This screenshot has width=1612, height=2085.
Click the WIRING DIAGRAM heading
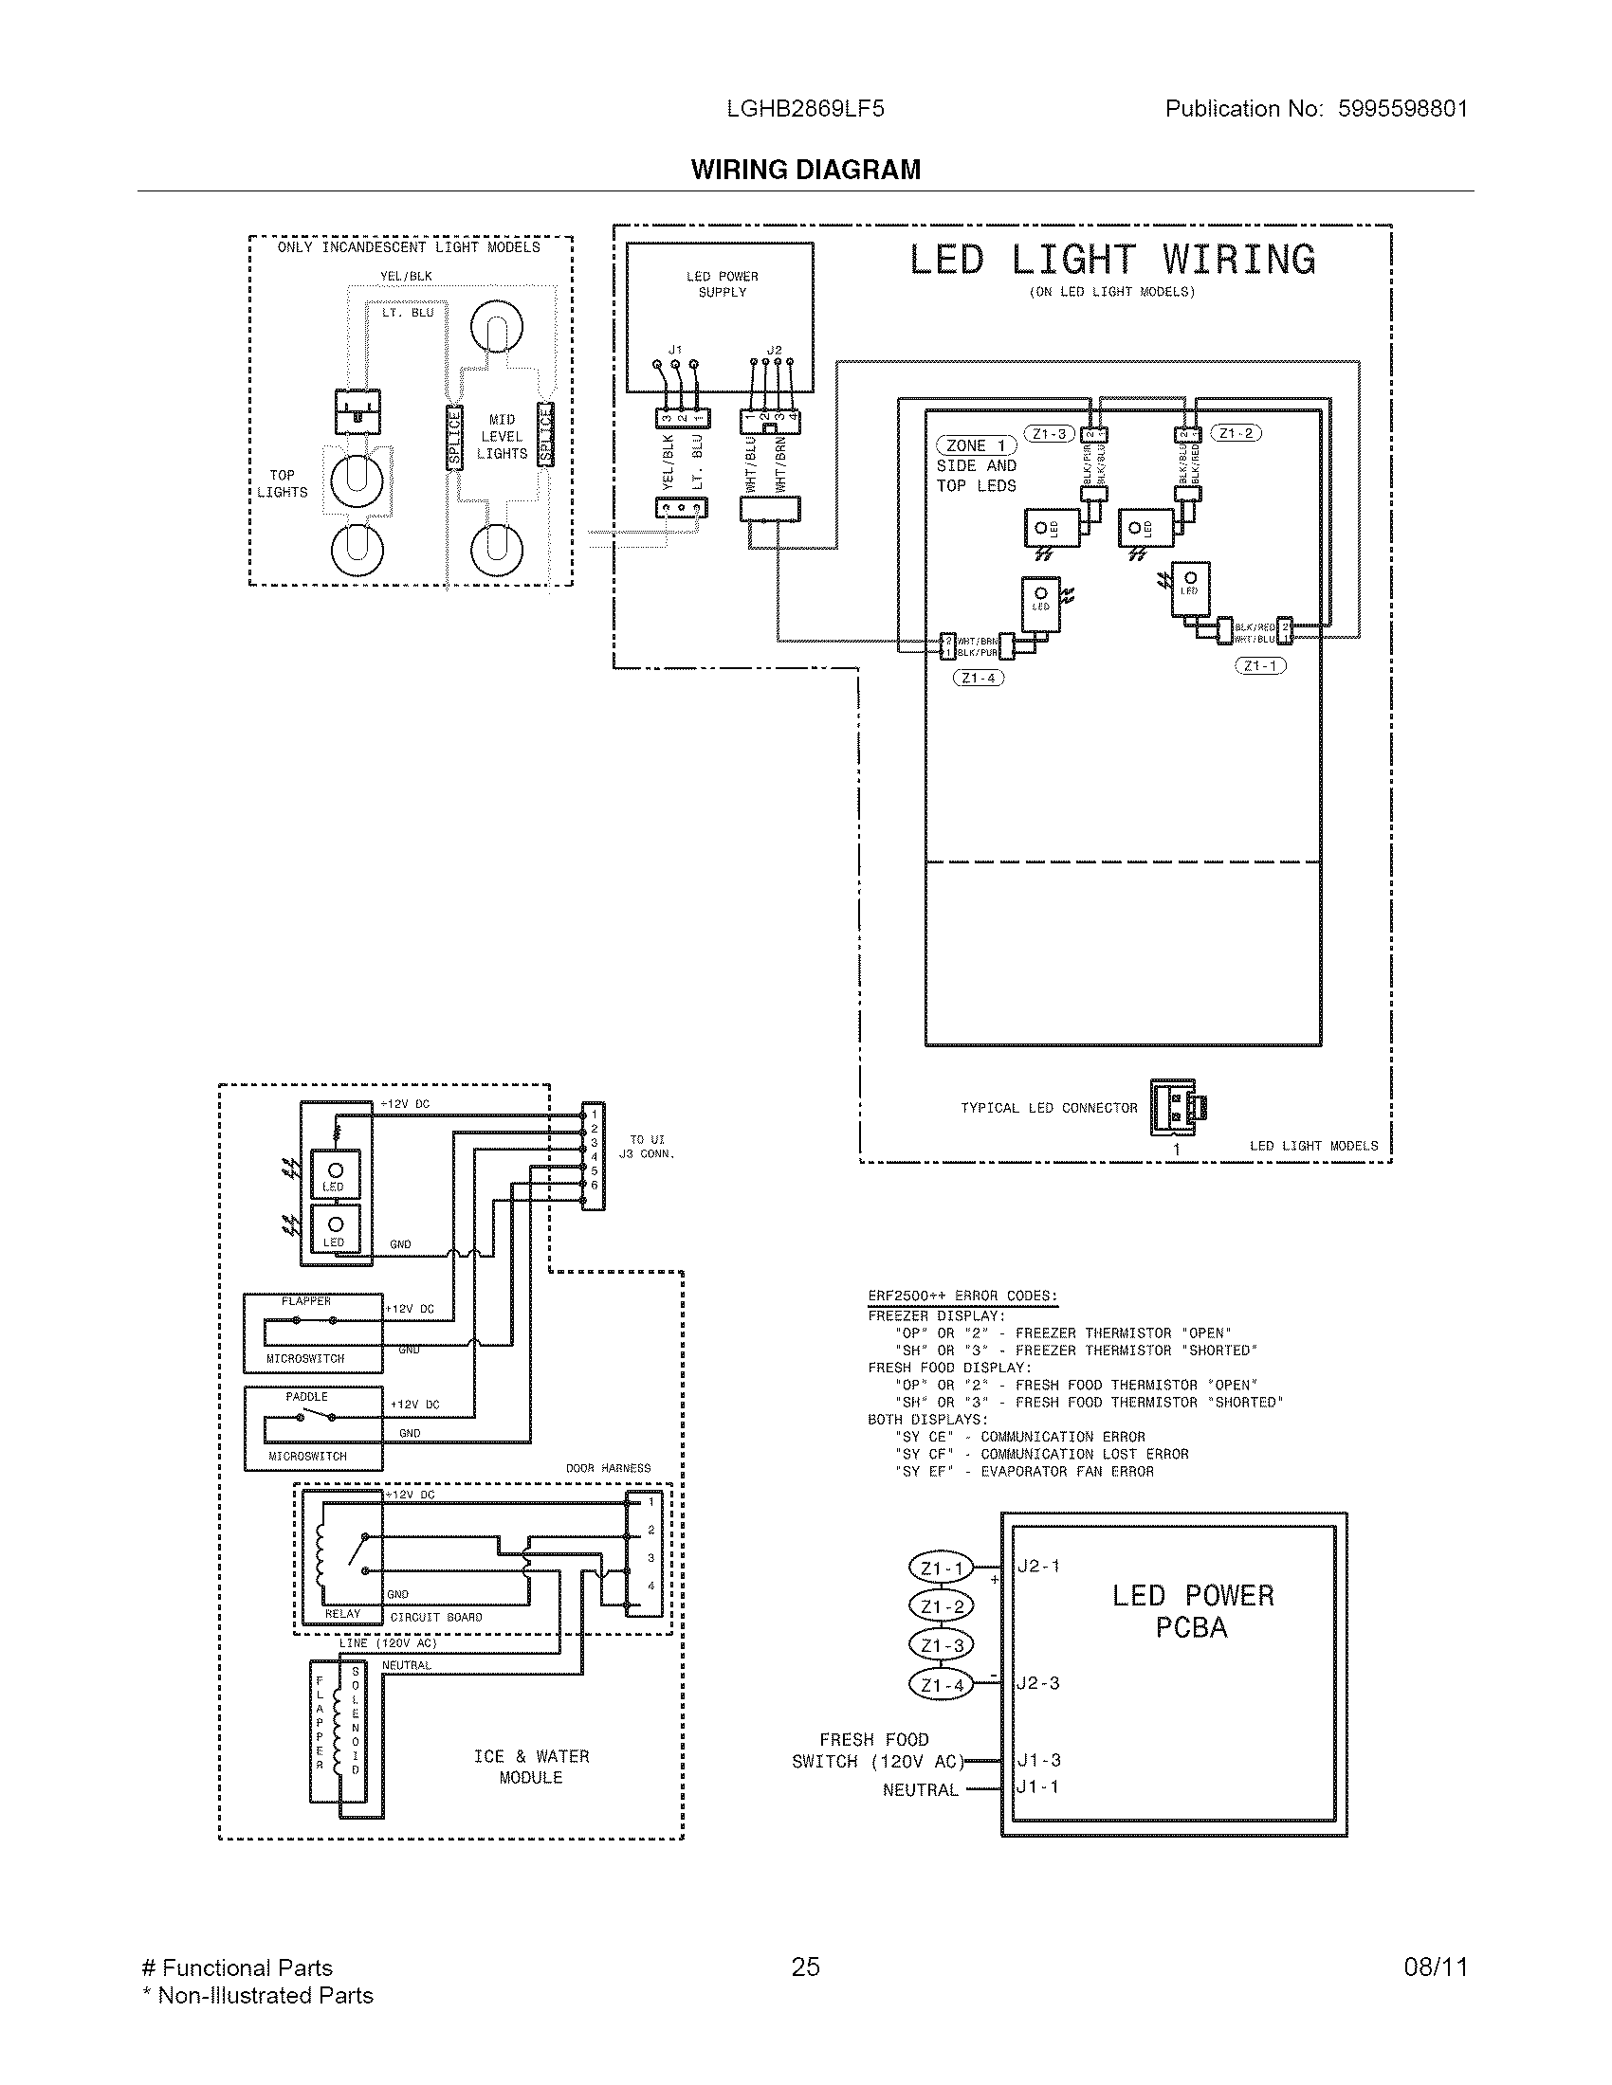click(x=805, y=170)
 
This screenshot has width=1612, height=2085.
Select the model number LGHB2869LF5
click(x=805, y=109)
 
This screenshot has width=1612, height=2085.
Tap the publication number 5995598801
click(x=1401, y=109)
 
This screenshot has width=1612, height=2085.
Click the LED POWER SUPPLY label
click(x=722, y=284)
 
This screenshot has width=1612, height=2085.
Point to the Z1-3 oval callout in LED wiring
click(x=1049, y=434)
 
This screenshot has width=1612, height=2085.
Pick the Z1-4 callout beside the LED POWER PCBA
click(x=942, y=1686)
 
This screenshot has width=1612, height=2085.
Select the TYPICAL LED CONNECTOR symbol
click(x=1176, y=1106)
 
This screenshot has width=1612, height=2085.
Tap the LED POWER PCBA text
click(x=1193, y=1610)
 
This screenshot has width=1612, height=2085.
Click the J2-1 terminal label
click(x=1038, y=1566)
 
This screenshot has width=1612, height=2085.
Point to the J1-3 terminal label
click(x=1038, y=1761)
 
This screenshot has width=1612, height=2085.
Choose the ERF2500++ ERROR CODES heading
click(x=962, y=1296)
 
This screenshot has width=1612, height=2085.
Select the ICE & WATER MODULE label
click(x=531, y=1768)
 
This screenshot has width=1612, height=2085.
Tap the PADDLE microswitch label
click(x=306, y=1397)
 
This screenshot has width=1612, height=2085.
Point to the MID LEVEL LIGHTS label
click(x=502, y=437)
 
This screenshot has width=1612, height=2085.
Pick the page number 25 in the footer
click(x=805, y=1967)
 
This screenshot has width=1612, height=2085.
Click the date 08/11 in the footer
click(x=1435, y=1967)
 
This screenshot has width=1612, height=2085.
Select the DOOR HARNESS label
click(x=608, y=1468)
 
